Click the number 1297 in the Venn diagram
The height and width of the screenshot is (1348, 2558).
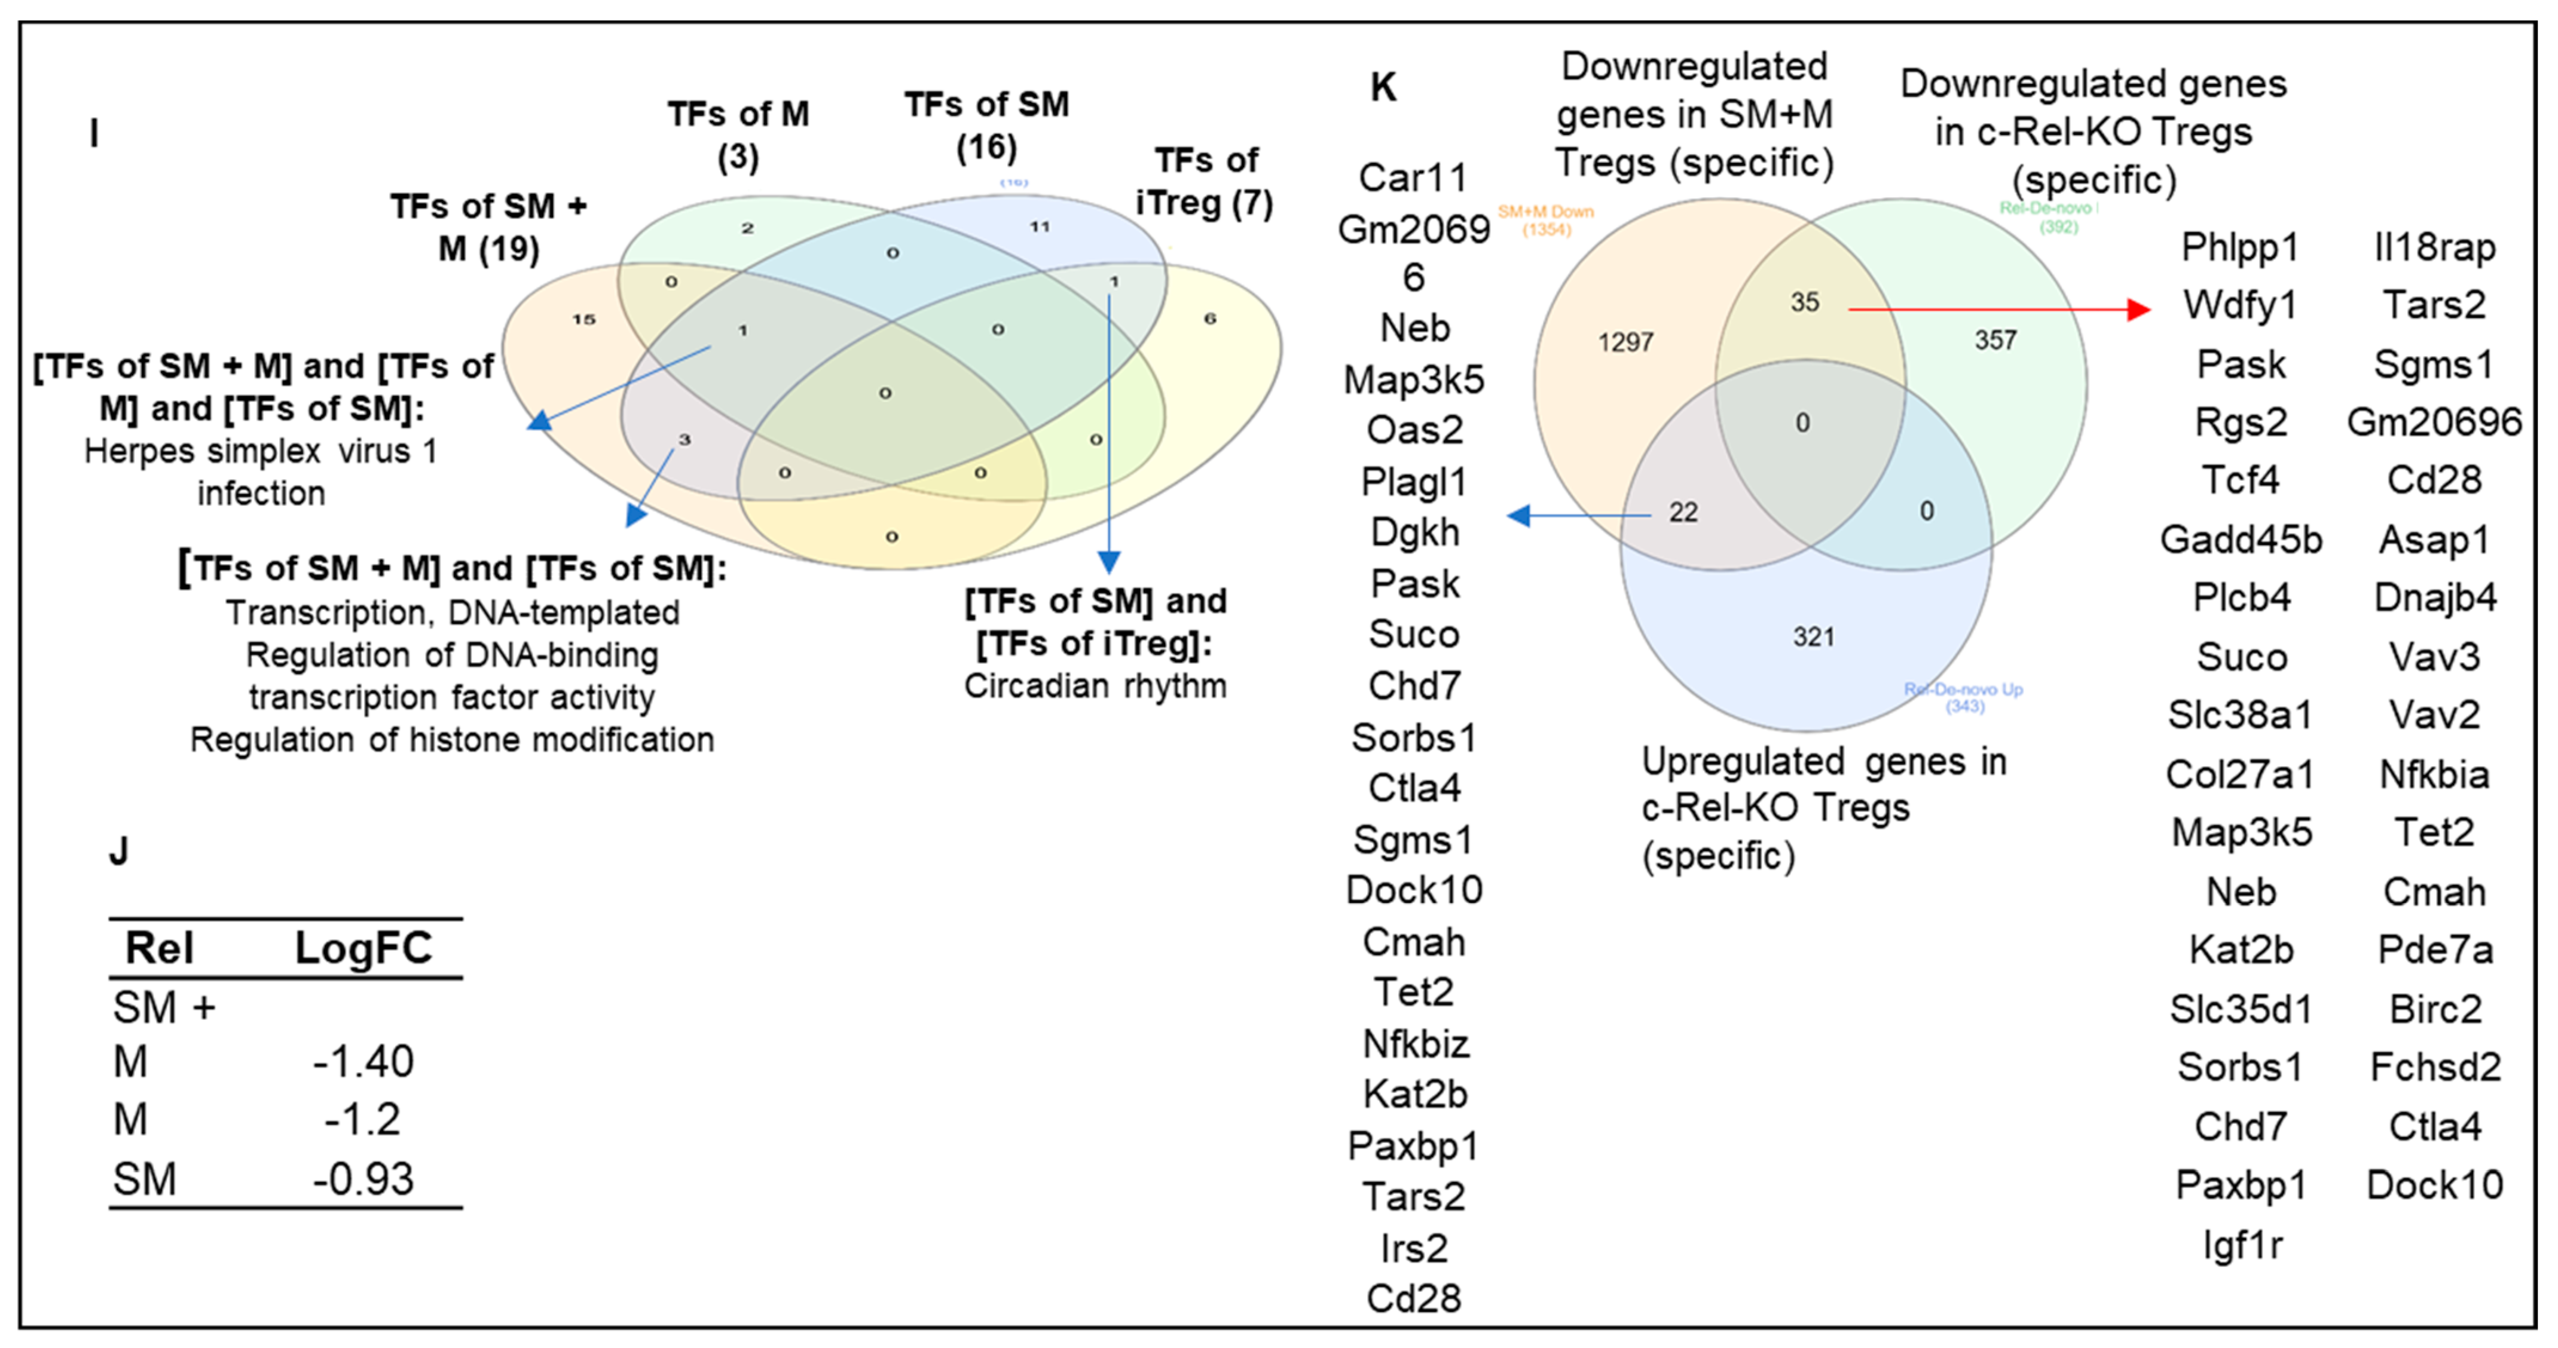[x=1625, y=342]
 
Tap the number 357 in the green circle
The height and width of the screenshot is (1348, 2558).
[x=1995, y=341]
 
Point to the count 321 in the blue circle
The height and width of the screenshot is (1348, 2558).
[x=1813, y=636]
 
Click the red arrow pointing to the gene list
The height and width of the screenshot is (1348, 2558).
[x=1996, y=310]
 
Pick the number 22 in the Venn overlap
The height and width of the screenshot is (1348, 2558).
[x=1683, y=512]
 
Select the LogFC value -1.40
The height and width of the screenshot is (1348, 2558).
[x=363, y=1062]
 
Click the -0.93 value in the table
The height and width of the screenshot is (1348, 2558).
[x=363, y=1179]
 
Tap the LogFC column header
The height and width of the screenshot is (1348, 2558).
[x=363, y=948]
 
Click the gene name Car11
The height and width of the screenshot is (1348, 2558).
[x=1413, y=177]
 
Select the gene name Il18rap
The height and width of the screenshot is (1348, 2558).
[x=2434, y=247]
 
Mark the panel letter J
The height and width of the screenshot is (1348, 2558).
[x=119, y=851]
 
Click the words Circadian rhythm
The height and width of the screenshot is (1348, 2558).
[x=1095, y=686]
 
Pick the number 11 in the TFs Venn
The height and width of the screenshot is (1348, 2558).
[x=1039, y=226]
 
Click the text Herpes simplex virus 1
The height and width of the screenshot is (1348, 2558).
[x=260, y=452]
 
